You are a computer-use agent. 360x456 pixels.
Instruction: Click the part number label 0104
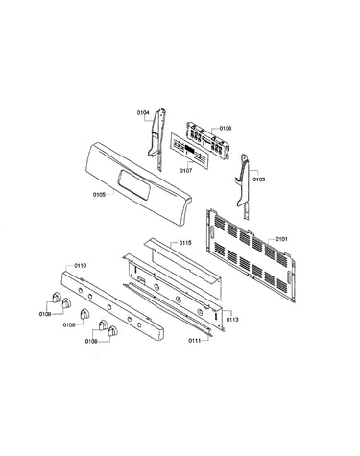pos(143,112)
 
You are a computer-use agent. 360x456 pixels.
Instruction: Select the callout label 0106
pos(226,129)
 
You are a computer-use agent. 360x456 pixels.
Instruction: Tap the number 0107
pos(186,171)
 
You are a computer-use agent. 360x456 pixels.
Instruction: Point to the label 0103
pos(259,180)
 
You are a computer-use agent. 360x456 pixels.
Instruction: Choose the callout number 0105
pos(99,194)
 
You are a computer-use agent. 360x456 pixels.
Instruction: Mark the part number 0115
pos(185,243)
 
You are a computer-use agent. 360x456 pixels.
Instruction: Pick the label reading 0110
pos(80,265)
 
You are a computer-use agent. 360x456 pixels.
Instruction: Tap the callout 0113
pos(232,320)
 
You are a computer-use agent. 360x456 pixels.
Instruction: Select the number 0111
pos(194,341)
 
